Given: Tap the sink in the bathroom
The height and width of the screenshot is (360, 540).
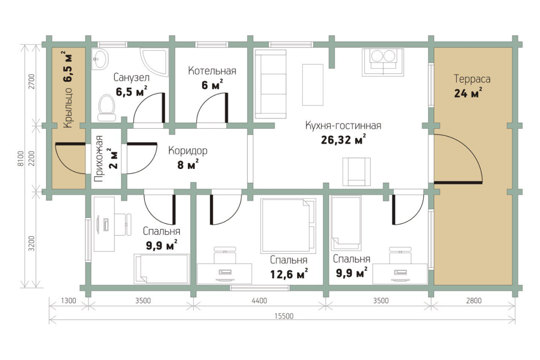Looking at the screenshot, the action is point(100,59).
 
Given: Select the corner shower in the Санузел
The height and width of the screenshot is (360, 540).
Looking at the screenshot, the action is point(154,62).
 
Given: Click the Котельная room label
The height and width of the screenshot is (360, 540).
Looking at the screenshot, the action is point(212,71).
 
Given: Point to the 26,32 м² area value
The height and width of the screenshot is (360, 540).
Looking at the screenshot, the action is point(343,139).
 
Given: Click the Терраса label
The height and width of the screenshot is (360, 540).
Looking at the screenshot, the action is point(472,79).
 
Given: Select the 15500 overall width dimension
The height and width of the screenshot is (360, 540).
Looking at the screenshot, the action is point(284,316).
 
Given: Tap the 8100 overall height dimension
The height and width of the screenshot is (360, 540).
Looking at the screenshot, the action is point(21,158).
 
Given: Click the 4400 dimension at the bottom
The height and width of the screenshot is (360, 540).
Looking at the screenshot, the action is point(259,301).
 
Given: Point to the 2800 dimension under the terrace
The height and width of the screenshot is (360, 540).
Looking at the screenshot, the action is point(474,301).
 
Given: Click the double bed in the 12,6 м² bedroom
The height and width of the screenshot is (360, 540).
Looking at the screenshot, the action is point(288,225).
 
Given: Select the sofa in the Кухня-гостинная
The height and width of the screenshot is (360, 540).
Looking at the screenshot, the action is point(270,84).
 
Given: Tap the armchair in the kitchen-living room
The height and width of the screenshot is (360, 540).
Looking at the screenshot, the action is point(356,172).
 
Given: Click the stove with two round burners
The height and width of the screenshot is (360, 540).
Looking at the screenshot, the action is point(383,62).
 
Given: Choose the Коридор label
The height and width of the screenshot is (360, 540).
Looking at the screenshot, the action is point(188,151).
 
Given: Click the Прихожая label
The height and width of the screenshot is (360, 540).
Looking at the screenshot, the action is point(99,158).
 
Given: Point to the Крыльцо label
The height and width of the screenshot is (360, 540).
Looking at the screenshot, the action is point(68,108).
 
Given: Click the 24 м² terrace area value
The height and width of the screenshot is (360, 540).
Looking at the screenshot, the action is point(468,93).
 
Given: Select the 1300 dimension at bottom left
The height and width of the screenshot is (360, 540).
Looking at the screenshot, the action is point(68,301).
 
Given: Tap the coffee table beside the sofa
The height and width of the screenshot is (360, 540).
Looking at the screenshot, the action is point(313,85).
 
